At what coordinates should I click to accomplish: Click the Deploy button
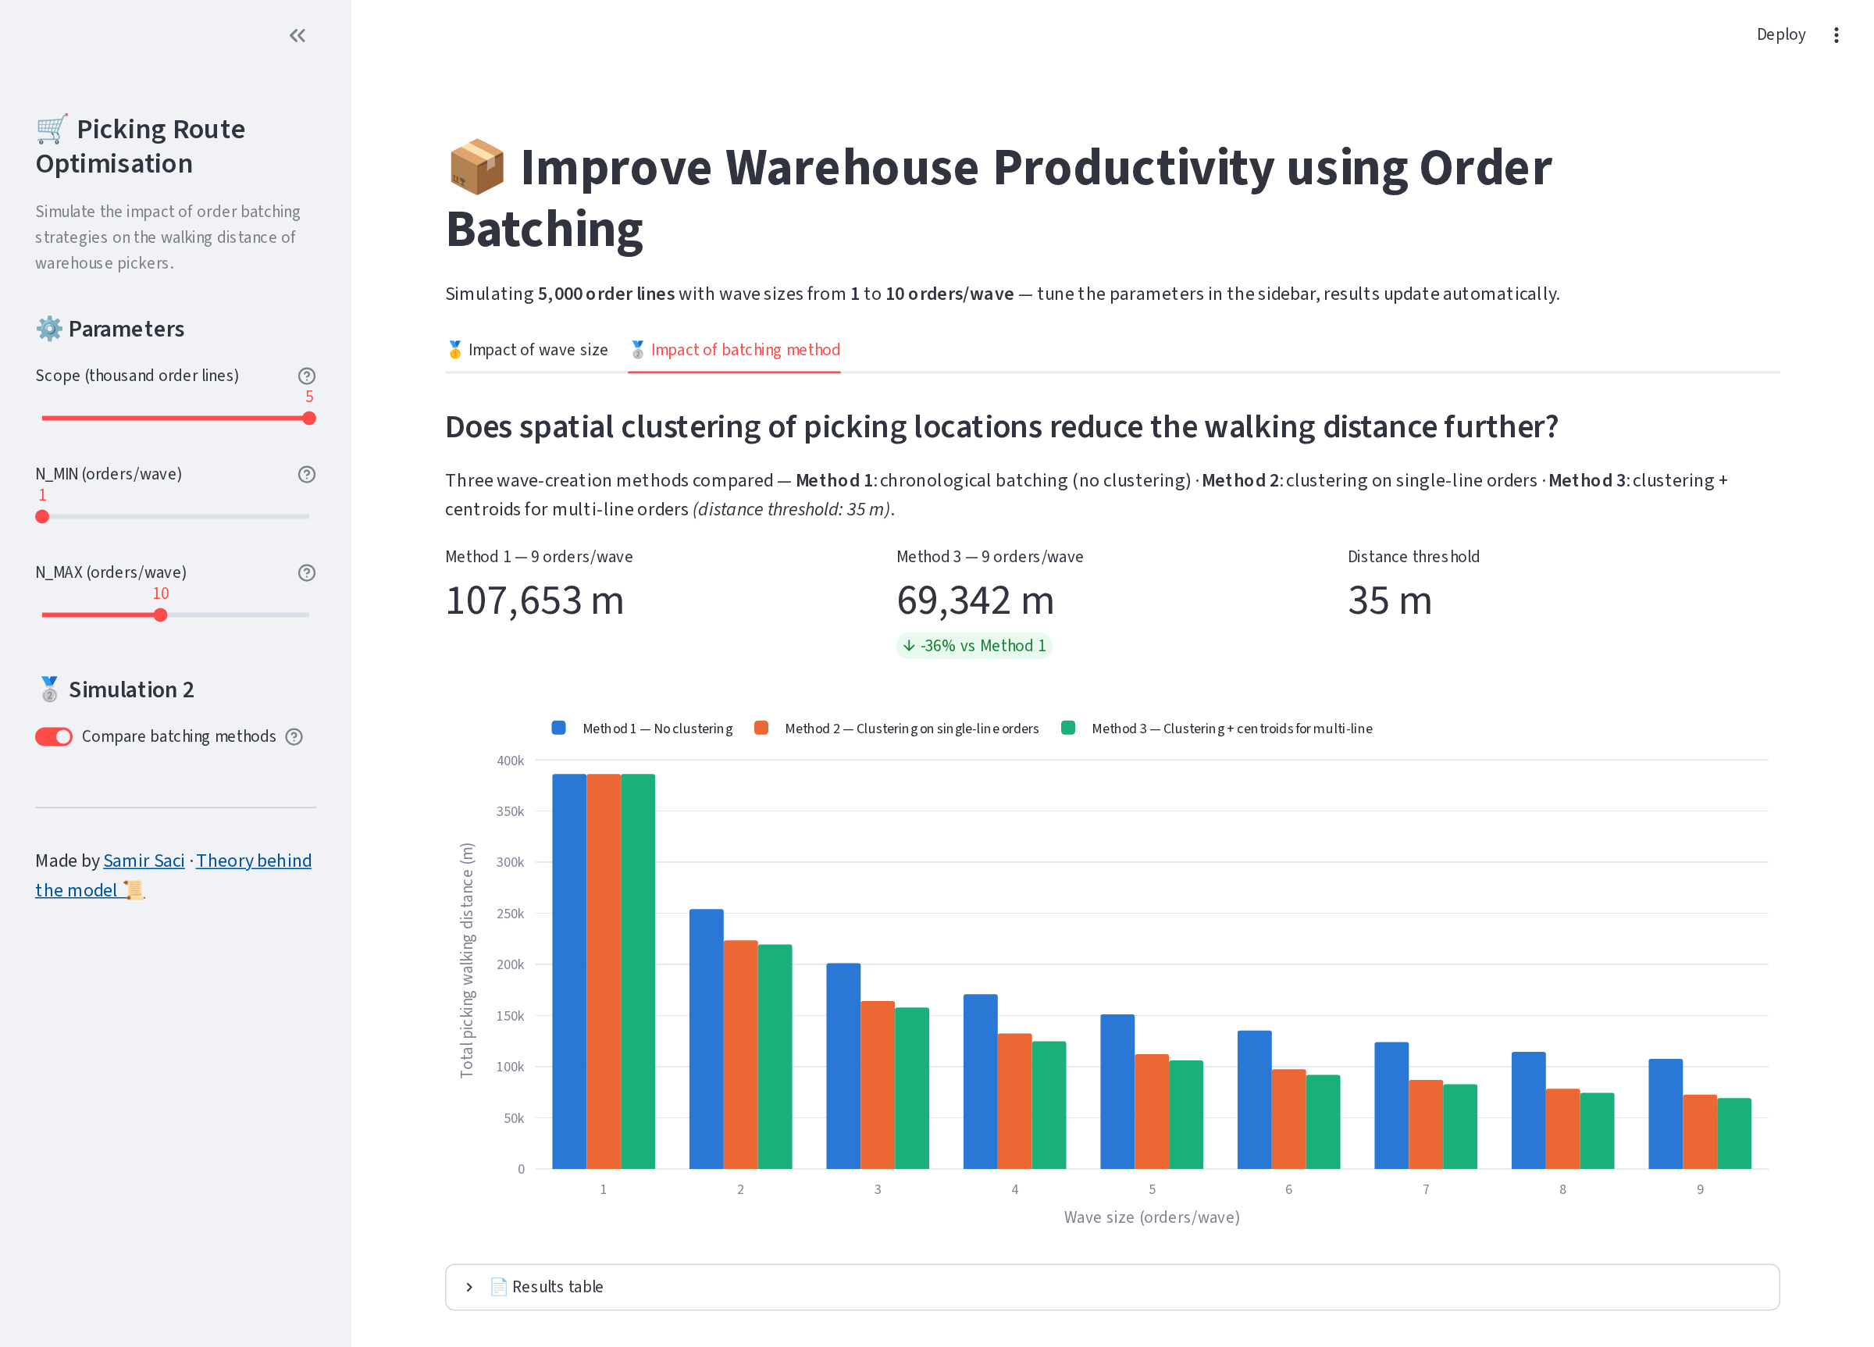1780,34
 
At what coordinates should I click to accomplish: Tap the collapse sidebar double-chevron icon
297,36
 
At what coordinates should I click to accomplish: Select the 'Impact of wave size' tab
527,350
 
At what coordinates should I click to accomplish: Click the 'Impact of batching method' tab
735,350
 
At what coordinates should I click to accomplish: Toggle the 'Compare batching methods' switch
54,736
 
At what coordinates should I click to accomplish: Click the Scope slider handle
309,418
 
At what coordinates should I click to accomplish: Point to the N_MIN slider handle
42,516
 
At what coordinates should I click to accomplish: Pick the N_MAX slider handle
160,615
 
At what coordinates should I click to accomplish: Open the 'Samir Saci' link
144,861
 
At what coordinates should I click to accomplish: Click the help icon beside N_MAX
307,572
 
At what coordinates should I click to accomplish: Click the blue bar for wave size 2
707,1039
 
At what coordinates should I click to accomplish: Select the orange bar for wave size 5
1152,1111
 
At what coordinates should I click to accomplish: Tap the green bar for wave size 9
1734,1133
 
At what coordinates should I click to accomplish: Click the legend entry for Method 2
897,728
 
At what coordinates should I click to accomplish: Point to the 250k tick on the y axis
510,913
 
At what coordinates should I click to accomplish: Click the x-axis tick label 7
1426,1189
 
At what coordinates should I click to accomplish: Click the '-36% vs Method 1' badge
974,646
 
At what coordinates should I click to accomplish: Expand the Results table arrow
469,1287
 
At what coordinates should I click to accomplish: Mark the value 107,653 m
535,600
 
